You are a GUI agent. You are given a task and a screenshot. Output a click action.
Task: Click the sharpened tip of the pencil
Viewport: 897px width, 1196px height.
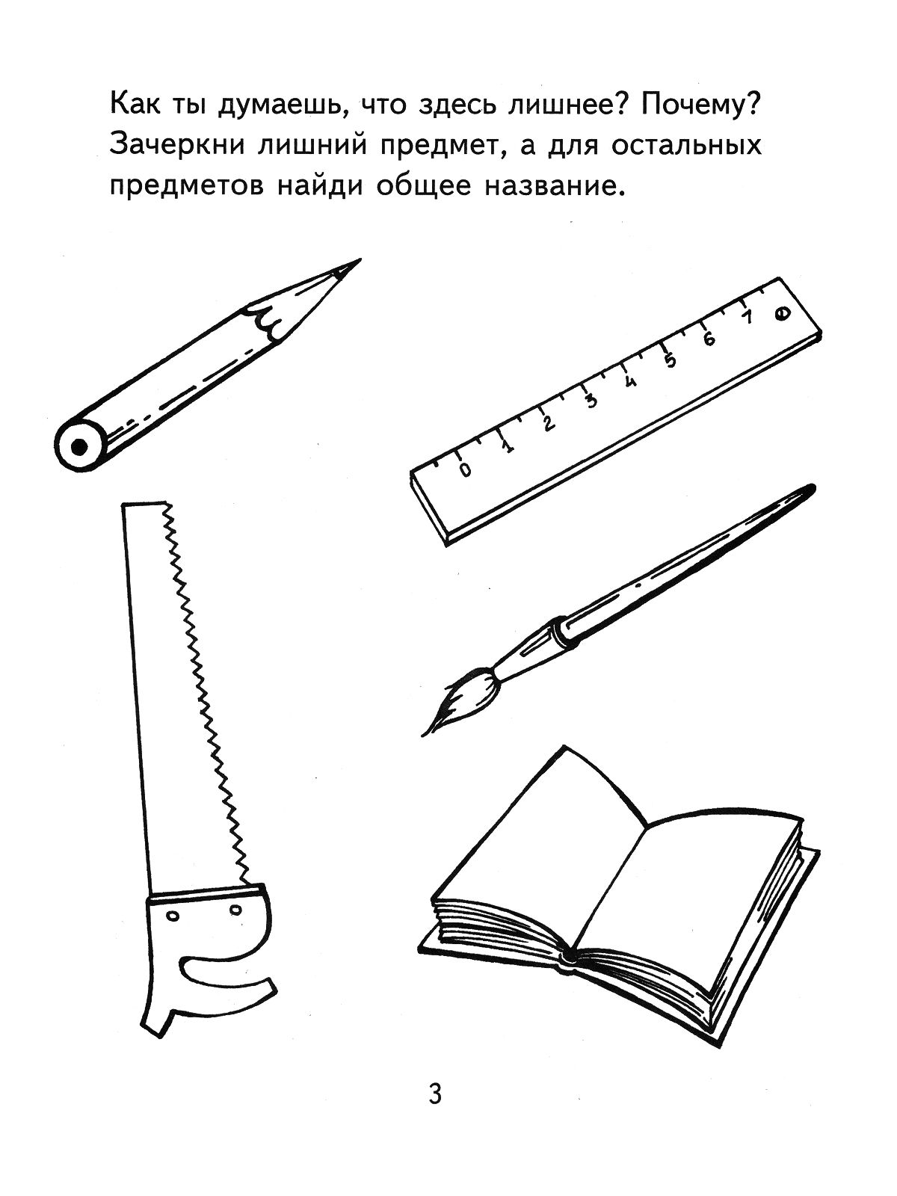click(x=360, y=260)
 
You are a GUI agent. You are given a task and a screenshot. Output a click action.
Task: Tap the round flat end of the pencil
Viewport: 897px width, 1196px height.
click(x=79, y=446)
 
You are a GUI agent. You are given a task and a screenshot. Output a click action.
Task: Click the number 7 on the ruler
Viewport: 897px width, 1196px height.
click(x=747, y=317)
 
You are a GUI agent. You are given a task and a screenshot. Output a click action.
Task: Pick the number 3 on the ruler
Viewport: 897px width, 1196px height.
click(x=591, y=401)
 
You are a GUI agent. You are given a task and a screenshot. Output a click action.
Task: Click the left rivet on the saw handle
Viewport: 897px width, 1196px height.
click(x=173, y=916)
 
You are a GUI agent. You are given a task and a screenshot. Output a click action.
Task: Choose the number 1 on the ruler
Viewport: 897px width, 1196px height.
click(x=508, y=447)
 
